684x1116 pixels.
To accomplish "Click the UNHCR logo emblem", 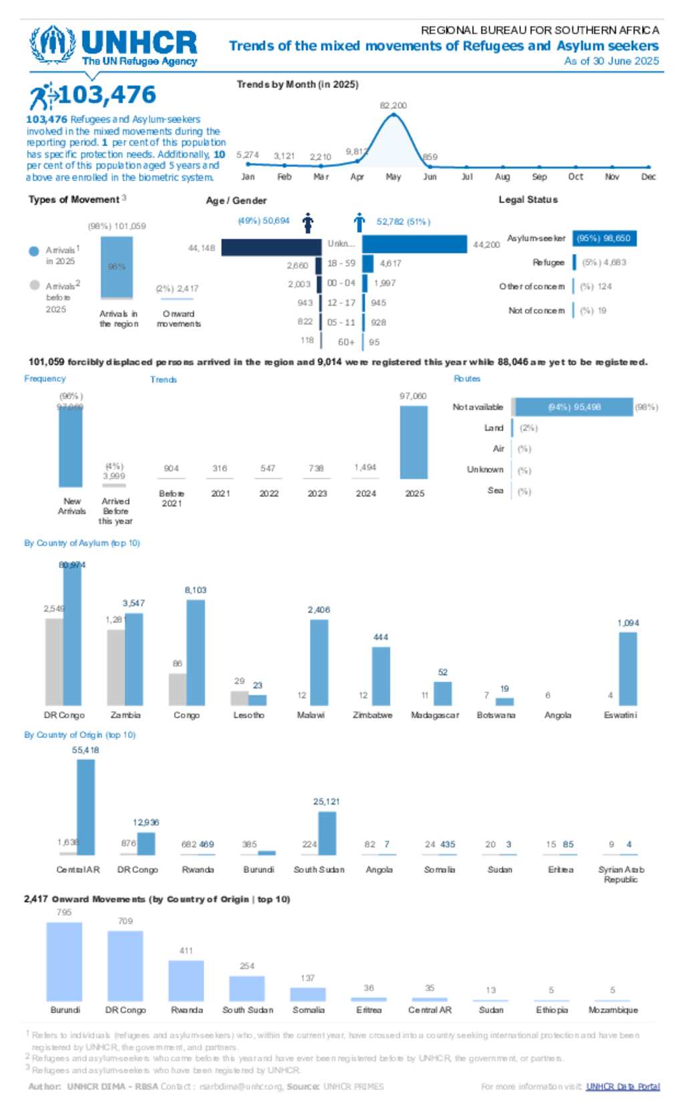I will pos(52,45).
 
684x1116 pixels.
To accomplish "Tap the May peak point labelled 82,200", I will pos(394,115).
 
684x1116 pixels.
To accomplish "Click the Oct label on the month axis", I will pos(575,177).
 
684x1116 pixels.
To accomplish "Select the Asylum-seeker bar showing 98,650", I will pos(604,238).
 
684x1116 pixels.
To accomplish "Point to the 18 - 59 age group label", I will pos(341,264).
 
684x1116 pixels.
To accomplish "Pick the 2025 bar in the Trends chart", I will pos(413,442).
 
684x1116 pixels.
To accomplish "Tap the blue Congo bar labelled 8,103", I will pos(196,652).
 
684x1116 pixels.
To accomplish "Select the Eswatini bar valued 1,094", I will pos(628,669).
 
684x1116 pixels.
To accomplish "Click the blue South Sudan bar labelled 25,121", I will pos(327,833).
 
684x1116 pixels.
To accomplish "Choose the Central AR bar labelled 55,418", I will pos(85,807).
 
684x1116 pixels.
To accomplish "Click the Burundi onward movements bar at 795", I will pos(64,961).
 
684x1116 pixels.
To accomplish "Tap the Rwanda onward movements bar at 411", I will pos(186,980).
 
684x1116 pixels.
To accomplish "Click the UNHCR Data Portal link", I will pos(623,1087).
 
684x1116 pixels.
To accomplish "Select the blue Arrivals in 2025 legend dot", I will pos(35,251).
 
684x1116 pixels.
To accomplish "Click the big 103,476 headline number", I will pos(107,95).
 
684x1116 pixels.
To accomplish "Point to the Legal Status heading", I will pos(528,200).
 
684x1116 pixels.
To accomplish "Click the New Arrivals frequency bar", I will pos(71,445).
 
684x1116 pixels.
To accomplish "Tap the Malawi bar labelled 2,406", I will pos(319,662).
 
